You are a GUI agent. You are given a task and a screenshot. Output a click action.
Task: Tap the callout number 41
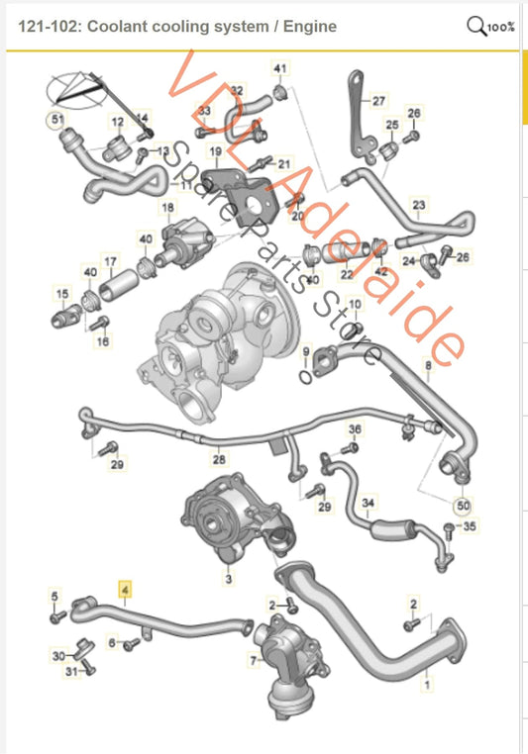279,68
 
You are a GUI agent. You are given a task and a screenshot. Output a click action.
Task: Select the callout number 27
377,101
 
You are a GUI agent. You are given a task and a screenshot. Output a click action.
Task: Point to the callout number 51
56,122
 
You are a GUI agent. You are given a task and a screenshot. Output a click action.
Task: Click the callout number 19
215,151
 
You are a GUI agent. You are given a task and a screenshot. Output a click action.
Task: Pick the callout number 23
418,206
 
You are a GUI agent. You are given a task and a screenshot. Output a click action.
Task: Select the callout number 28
219,460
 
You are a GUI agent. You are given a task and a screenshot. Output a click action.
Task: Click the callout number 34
368,504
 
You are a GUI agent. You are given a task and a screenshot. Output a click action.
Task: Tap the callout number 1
427,682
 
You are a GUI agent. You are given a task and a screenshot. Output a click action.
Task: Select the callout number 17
111,263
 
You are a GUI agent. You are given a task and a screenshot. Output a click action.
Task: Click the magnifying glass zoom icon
476,26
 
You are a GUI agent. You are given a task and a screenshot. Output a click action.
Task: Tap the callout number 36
355,429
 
